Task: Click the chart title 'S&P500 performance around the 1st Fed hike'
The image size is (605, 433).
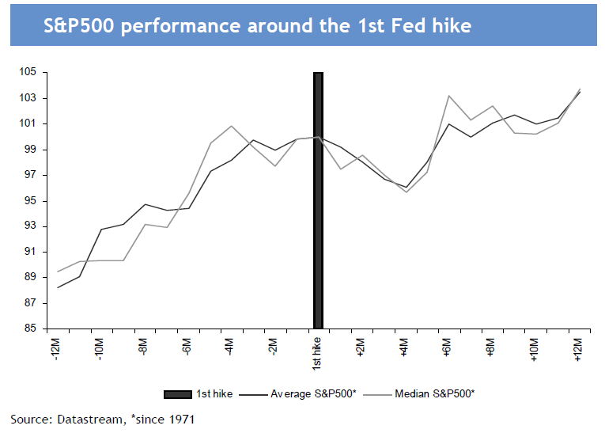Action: [256, 26]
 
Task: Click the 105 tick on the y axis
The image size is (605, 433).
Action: [28, 72]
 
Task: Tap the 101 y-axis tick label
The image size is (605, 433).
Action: [28, 123]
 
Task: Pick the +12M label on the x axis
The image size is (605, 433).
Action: [579, 348]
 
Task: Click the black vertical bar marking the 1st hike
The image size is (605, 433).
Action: [318, 198]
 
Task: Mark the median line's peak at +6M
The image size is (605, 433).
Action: [449, 96]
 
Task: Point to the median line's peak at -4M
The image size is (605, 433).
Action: [231, 126]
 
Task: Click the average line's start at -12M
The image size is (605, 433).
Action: [58, 287]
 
